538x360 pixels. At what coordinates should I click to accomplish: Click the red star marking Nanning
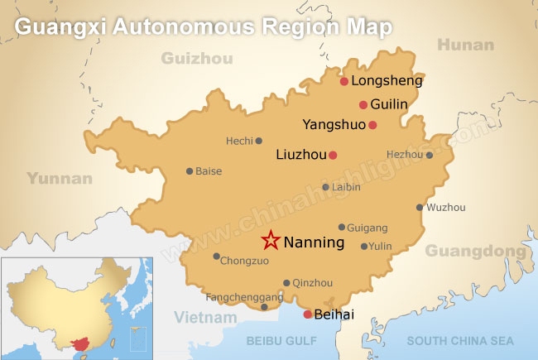[x=270, y=241]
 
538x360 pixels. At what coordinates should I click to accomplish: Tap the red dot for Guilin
[x=363, y=104]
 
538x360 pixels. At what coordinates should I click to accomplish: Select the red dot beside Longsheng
[x=344, y=81]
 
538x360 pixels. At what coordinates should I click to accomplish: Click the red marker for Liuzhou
[x=333, y=155]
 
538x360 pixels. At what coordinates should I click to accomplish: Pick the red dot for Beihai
[x=307, y=314]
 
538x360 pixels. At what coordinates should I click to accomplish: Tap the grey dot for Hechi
[x=258, y=141]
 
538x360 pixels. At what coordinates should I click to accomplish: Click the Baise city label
[x=209, y=171]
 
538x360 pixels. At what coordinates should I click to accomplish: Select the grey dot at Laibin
[x=325, y=187]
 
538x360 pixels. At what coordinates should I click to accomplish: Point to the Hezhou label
[x=404, y=154]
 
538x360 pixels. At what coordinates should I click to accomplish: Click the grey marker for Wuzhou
[x=420, y=208]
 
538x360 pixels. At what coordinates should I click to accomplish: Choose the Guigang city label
[x=368, y=227]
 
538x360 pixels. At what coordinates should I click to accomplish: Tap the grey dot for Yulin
[x=363, y=246]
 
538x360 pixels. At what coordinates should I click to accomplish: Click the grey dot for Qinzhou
[x=286, y=282]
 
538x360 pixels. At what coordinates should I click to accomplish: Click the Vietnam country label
[x=206, y=317]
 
